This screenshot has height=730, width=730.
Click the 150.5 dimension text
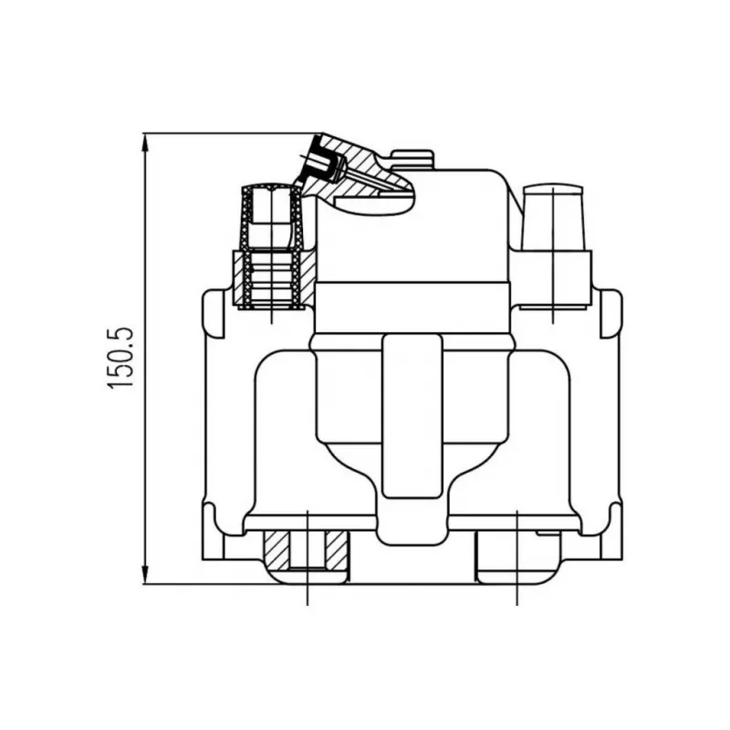tap(120, 358)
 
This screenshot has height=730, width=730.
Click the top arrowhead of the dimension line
tap(145, 142)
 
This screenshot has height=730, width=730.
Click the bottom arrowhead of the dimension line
tap(145, 574)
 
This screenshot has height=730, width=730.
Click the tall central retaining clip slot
tap(412, 416)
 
